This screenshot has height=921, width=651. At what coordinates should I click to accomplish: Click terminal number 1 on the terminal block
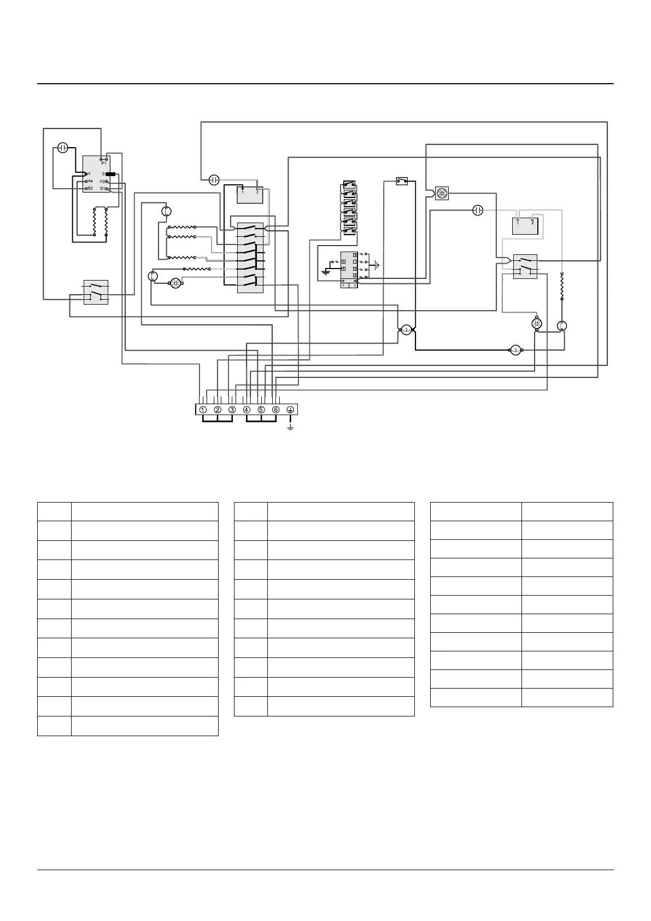pos(203,410)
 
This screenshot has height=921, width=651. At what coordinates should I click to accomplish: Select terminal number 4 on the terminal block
pos(247,410)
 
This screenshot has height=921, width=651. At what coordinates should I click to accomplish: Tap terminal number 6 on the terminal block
pos(275,410)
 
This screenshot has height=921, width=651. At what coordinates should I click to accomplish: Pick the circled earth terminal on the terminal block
pos(290,410)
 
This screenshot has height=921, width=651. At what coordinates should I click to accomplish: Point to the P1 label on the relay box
pos(104,163)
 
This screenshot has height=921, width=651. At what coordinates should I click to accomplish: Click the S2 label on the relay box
pos(90,188)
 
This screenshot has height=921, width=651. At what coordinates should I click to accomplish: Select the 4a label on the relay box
pos(90,181)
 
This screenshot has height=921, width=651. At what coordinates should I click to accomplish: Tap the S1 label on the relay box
pos(103,188)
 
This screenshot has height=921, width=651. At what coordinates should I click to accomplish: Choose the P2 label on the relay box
pos(103,181)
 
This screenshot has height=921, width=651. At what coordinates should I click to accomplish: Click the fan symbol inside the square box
pos(442,193)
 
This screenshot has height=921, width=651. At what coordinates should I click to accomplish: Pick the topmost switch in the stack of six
pos(349,184)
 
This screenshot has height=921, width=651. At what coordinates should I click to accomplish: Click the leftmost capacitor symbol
pos(63,148)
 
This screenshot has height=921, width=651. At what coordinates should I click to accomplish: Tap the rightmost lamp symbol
pos(515,351)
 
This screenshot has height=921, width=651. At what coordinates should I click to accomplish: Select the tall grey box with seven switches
pos(250,257)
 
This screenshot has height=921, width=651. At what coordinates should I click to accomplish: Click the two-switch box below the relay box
pos(96,292)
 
